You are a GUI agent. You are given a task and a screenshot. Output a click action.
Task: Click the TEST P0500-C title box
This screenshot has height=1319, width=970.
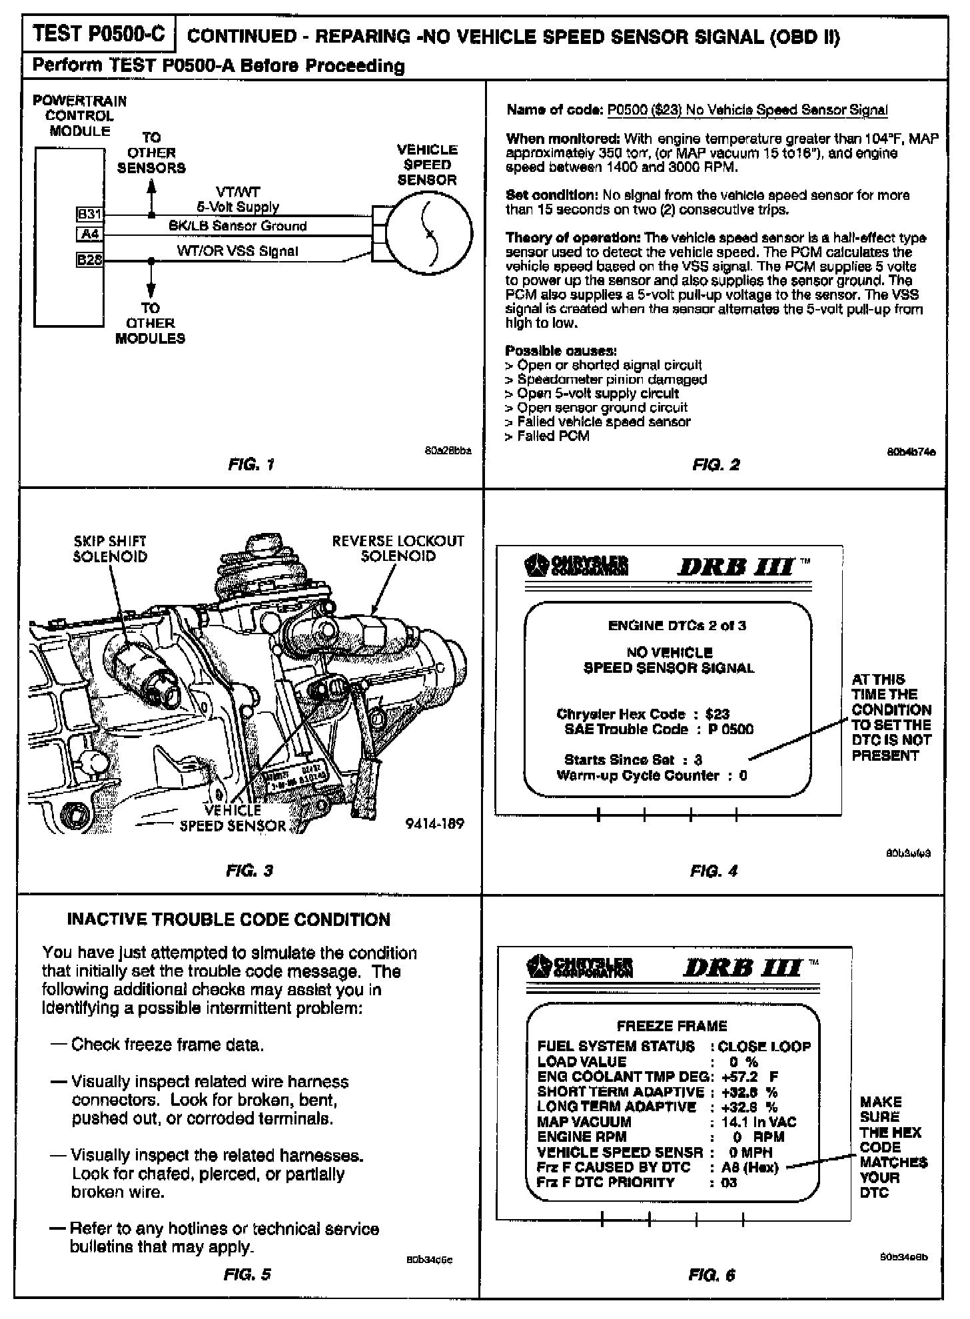point(98,35)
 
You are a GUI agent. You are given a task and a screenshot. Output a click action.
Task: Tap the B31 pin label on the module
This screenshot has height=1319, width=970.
point(89,215)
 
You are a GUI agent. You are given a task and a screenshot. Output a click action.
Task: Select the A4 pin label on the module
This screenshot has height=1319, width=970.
point(90,234)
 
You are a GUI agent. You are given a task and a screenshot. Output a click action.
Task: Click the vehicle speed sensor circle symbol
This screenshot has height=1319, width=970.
point(429,233)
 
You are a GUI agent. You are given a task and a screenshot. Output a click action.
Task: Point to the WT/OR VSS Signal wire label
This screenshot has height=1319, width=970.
point(237,251)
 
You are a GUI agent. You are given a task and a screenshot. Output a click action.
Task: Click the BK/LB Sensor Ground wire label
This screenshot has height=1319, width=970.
point(237,226)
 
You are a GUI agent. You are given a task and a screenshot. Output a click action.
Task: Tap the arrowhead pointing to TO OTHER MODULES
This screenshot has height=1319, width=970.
point(151,290)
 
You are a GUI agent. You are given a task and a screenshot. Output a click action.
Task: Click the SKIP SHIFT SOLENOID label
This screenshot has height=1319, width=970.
point(110,549)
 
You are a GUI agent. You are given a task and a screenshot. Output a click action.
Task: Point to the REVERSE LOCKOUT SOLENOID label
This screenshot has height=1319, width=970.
point(398,548)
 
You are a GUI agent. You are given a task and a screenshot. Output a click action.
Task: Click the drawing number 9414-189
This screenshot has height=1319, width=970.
point(434,823)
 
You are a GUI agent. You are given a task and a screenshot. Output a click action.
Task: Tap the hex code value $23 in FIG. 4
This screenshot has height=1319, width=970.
point(717,714)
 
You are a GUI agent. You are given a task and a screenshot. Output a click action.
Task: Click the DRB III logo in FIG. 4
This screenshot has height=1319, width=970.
point(736,567)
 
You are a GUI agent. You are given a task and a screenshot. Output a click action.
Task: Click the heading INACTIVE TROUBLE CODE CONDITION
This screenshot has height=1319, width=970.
point(229,920)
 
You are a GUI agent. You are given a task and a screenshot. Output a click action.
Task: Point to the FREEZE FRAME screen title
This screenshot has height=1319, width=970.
point(672,1026)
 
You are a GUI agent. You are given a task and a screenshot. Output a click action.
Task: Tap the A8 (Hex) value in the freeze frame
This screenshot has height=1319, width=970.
point(749,1168)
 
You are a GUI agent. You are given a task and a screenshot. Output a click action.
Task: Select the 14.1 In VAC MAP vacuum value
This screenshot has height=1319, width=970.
point(758,1122)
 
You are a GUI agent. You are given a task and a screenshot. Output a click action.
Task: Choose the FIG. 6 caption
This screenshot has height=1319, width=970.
point(712,1275)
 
